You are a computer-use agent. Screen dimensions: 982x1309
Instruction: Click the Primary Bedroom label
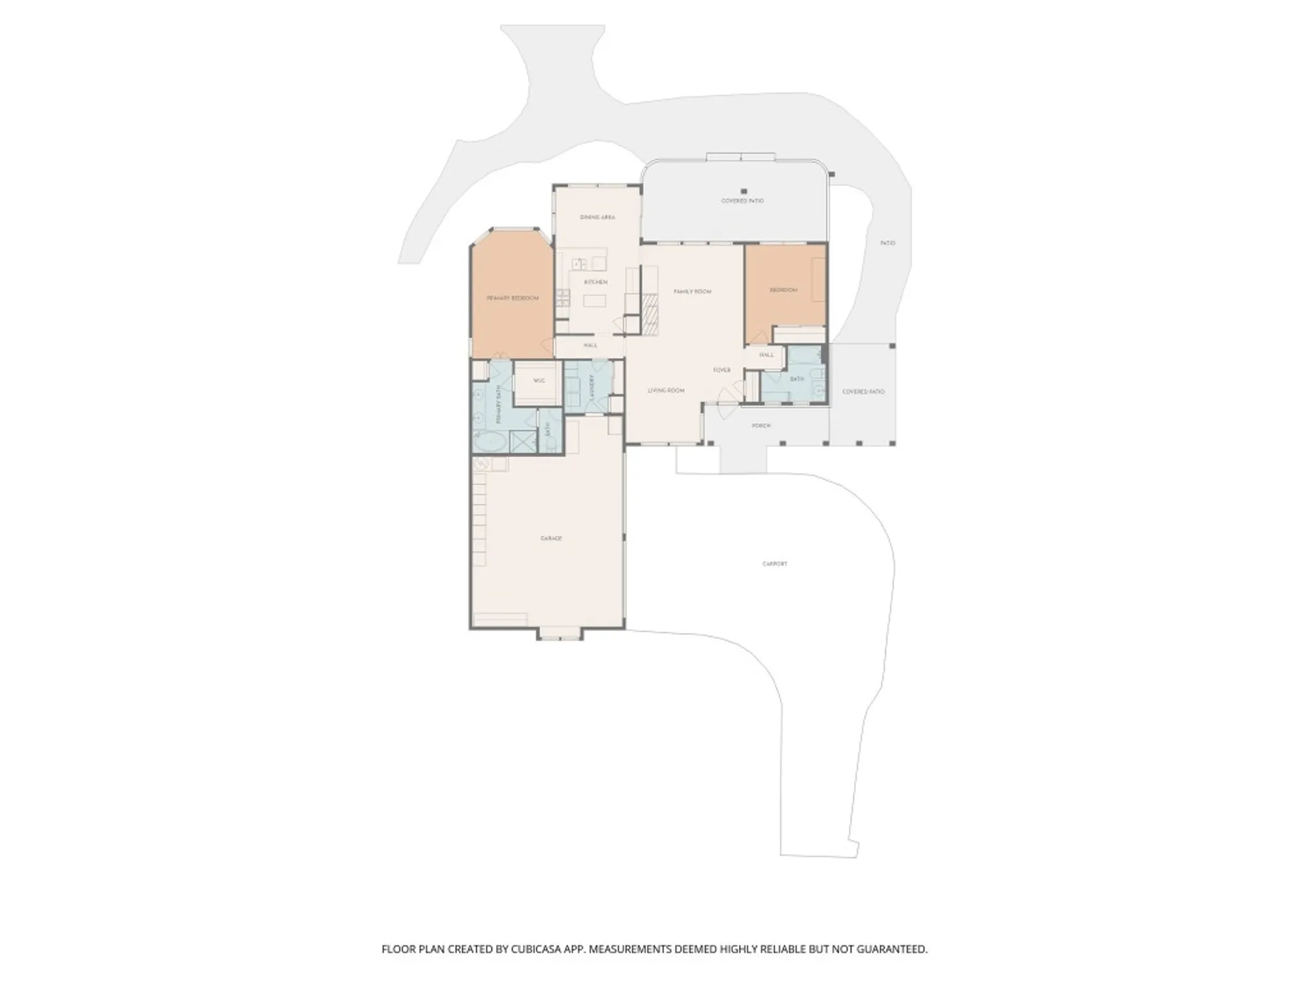(x=512, y=298)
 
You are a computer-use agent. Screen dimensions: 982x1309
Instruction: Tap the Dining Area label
(x=598, y=217)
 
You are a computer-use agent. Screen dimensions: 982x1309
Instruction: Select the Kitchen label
(x=596, y=282)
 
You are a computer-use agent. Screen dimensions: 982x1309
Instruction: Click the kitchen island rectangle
(x=595, y=301)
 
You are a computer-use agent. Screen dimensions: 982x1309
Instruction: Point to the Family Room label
(x=692, y=291)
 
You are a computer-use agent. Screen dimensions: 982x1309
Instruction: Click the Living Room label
(x=666, y=391)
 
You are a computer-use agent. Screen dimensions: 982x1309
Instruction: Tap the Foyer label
(x=722, y=370)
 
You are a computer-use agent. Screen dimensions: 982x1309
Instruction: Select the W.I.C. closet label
(x=539, y=380)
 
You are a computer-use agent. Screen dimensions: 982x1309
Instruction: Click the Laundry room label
(x=591, y=388)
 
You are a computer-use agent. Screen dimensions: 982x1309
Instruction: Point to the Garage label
(x=551, y=538)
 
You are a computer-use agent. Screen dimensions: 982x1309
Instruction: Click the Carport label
(x=775, y=564)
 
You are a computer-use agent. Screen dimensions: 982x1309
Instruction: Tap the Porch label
(x=761, y=426)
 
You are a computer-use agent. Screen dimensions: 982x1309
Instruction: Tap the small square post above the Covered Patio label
(x=744, y=191)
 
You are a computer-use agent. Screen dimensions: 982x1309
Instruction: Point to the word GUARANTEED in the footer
(x=891, y=949)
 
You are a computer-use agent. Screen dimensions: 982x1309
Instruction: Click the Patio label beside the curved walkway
(x=888, y=243)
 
